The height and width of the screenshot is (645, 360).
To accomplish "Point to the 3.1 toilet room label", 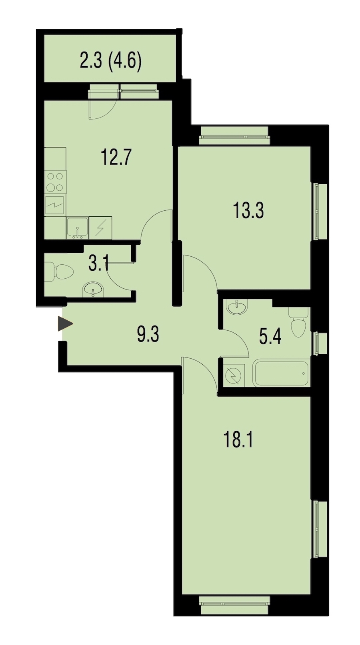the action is pos(98,264).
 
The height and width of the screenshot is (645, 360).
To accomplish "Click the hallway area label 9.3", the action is pos(148,334).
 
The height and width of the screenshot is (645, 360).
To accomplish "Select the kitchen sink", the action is pos(77,228).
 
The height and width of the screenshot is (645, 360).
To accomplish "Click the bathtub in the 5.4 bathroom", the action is pos(280,373).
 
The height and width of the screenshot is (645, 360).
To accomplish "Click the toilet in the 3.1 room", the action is pos(59,272).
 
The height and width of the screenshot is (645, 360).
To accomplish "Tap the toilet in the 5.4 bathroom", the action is pos(299,322).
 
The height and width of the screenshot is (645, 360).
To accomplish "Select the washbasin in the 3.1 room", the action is pos(93,289).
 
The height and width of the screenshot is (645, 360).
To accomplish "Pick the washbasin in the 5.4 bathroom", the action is pos(237,308).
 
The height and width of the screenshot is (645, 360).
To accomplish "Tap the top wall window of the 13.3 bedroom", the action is pos(234,135).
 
